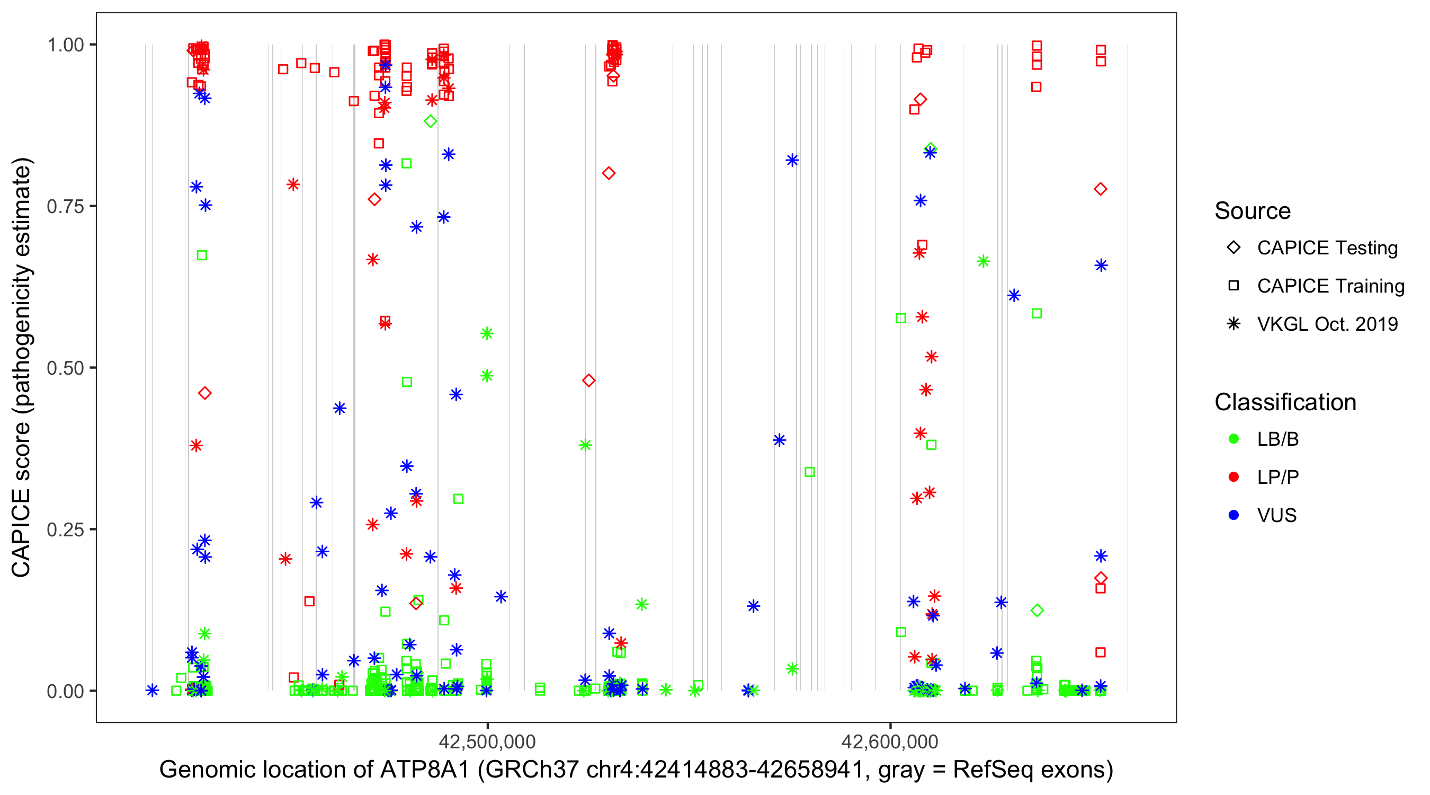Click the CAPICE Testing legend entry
click(x=1327, y=248)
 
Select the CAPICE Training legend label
click(x=1330, y=286)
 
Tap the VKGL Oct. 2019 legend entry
click(x=1327, y=324)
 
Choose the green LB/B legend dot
click(x=1234, y=439)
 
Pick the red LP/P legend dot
click(x=1234, y=477)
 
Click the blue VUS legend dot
click(x=1234, y=515)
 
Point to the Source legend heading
click(x=1253, y=211)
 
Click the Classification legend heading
click(x=1285, y=402)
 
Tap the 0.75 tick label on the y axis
click(x=65, y=206)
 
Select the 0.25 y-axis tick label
click(x=65, y=529)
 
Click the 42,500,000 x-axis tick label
click(x=487, y=741)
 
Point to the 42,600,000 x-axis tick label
click(x=890, y=741)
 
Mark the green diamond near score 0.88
click(x=430, y=121)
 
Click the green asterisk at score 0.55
click(x=487, y=333)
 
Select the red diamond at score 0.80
click(x=609, y=173)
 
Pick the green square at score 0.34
click(x=809, y=472)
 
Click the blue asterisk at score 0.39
click(x=780, y=440)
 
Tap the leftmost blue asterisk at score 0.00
click(x=152, y=691)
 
